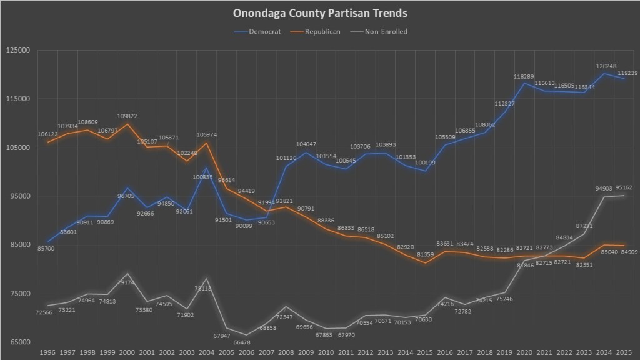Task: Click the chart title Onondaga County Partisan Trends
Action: (x=319, y=12)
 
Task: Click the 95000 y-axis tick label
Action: (x=19, y=196)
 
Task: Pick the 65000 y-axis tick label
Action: (x=19, y=342)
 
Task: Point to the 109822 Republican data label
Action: (x=127, y=116)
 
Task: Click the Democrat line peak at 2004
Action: (x=206, y=168)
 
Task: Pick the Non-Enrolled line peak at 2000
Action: (x=127, y=274)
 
